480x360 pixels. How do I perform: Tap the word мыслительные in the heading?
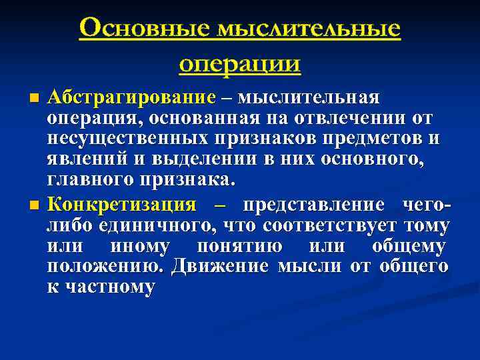[x=307, y=29]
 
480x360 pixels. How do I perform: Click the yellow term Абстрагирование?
[x=131, y=98]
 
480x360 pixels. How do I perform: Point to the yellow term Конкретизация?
[x=122, y=204]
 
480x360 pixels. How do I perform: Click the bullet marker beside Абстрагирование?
[x=35, y=98]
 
